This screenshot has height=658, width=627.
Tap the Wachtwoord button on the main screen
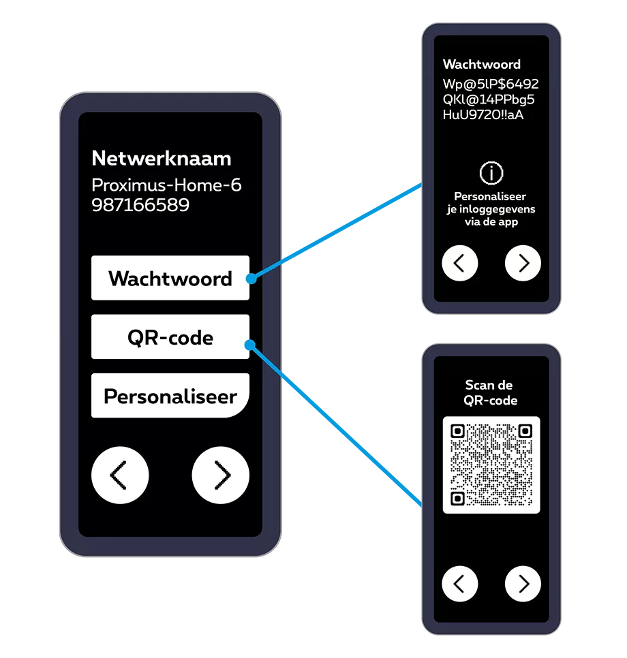(x=170, y=278)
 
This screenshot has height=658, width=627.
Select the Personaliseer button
(x=170, y=396)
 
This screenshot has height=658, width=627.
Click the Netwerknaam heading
(x=162, y=159)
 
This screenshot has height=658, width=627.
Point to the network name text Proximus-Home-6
(x=166, y=185)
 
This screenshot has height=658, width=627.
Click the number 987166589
(x=140, y=204)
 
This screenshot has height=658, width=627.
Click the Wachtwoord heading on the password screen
(x=482, y=65)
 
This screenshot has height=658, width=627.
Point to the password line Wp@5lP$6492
(x=491, y=84)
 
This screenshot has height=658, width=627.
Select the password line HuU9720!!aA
(x=483, y=114)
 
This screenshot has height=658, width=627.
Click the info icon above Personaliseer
(x=491, y=173)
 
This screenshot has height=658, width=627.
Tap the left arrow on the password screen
(x=460, y=263)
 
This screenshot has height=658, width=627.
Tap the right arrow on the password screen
(x=523, y=263)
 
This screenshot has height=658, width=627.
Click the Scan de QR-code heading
(x=491, y=393)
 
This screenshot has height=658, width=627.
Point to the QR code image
(x=491, y=465)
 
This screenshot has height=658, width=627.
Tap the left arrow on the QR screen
(x=460, y=584)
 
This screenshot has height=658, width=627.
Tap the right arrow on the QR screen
(x=523, y=584)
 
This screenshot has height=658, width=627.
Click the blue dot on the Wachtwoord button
(x=251, y=279)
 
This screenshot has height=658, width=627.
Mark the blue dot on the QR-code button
(x=249, y=345)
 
